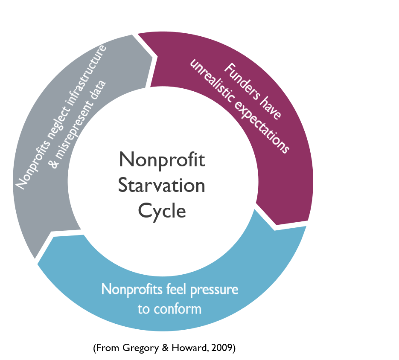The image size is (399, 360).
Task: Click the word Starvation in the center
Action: (x=162, y=186)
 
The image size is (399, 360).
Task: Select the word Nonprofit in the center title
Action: (x=162, y=160)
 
